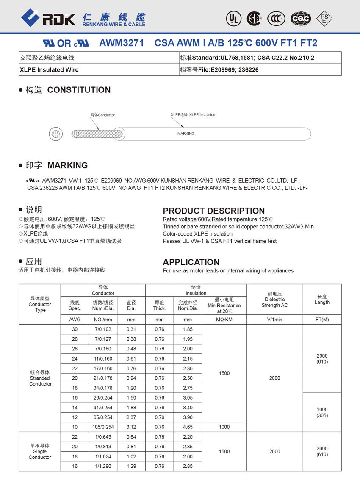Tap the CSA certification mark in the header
[x=254, y=18]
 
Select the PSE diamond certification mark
[x=325, y=18]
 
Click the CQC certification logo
[x=300, y=18]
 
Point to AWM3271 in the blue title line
[x=122, y=43]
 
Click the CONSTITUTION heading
[x=79, y=90]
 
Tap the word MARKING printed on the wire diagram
[x=186, y=133]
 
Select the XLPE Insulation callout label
[x=193, y=115]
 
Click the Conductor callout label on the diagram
[x=103, y=115]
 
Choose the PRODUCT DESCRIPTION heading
[x=213, y=211]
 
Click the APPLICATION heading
[x=191, y=262]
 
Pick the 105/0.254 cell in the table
[x=103, y=427]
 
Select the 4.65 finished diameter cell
[x=188, y=427]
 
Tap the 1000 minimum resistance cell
[x=224, y=427]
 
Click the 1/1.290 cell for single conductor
[x=103, y=466]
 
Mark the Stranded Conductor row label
[x=40, y=378]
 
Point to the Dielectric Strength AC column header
[x=274, y=299]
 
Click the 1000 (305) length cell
[x=322, y=412]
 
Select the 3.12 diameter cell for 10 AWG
[x=131, y=427]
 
